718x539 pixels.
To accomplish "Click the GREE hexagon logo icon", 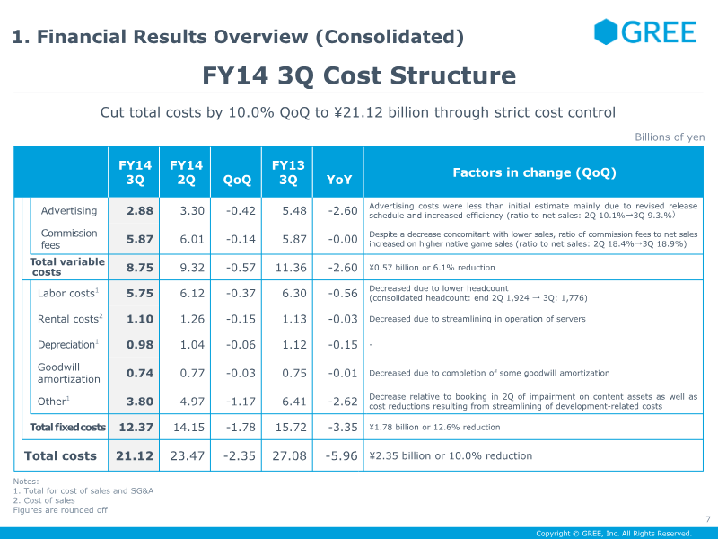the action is [x=606, y=31].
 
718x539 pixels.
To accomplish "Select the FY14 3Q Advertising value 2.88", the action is [x=140, y=211].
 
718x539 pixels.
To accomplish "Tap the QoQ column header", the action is [x=237, y=180].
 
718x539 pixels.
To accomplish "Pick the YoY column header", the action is [x=339, y=180].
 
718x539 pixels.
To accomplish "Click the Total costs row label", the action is [x=60, y=455].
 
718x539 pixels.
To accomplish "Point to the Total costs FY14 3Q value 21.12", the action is [x=134, y=455].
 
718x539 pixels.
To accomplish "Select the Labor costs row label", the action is [x=68, y=293].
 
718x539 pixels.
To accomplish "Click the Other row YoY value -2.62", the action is [x=343, y=402].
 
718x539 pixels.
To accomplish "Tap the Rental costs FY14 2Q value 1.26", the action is [x=192, y=319].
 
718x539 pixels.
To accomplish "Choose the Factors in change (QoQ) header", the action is [x=534, y=172].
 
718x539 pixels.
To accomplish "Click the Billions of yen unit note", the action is [x=670, y=137].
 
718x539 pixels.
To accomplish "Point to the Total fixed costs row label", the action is [x=68, y=428].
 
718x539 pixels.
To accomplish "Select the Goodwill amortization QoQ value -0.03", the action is [x=241, y=373].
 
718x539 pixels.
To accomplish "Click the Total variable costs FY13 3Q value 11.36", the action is [x=291, y=267].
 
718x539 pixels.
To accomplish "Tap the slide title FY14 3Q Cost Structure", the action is [x=359, y=75].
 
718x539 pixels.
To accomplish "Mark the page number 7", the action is [x=708, y=519].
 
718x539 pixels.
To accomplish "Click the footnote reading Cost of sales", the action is [x=44, y=500].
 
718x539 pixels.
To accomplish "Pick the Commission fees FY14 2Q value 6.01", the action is [x=192, y=239].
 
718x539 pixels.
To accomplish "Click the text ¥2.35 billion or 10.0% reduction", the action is [x=451, y=455].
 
